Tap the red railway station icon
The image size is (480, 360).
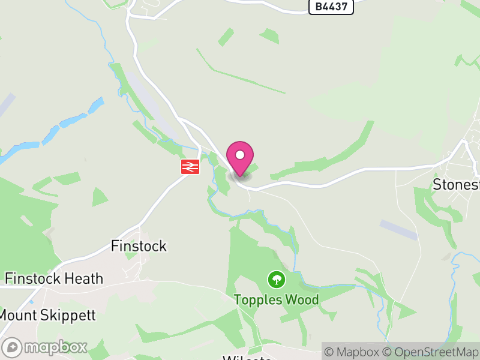(190, 167)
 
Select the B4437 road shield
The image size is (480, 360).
(331, 7)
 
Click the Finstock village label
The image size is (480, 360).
(139, 246)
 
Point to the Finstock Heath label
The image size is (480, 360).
(54, 278)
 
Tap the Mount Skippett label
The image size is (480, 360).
(48, 315)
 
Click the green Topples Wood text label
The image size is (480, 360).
(276, 299)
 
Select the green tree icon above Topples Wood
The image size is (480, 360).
(276, 279)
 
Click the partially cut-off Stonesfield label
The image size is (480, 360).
(456, 185)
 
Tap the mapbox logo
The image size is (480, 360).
(45, 347)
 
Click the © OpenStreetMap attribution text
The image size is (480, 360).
(430, 352)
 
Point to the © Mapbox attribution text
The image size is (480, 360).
(353, 352)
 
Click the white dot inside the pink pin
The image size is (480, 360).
(240, 155)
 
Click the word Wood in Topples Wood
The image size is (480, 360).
(303, 299)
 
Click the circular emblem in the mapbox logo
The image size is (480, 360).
(12, 347)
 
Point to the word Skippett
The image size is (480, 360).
(67, 315)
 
